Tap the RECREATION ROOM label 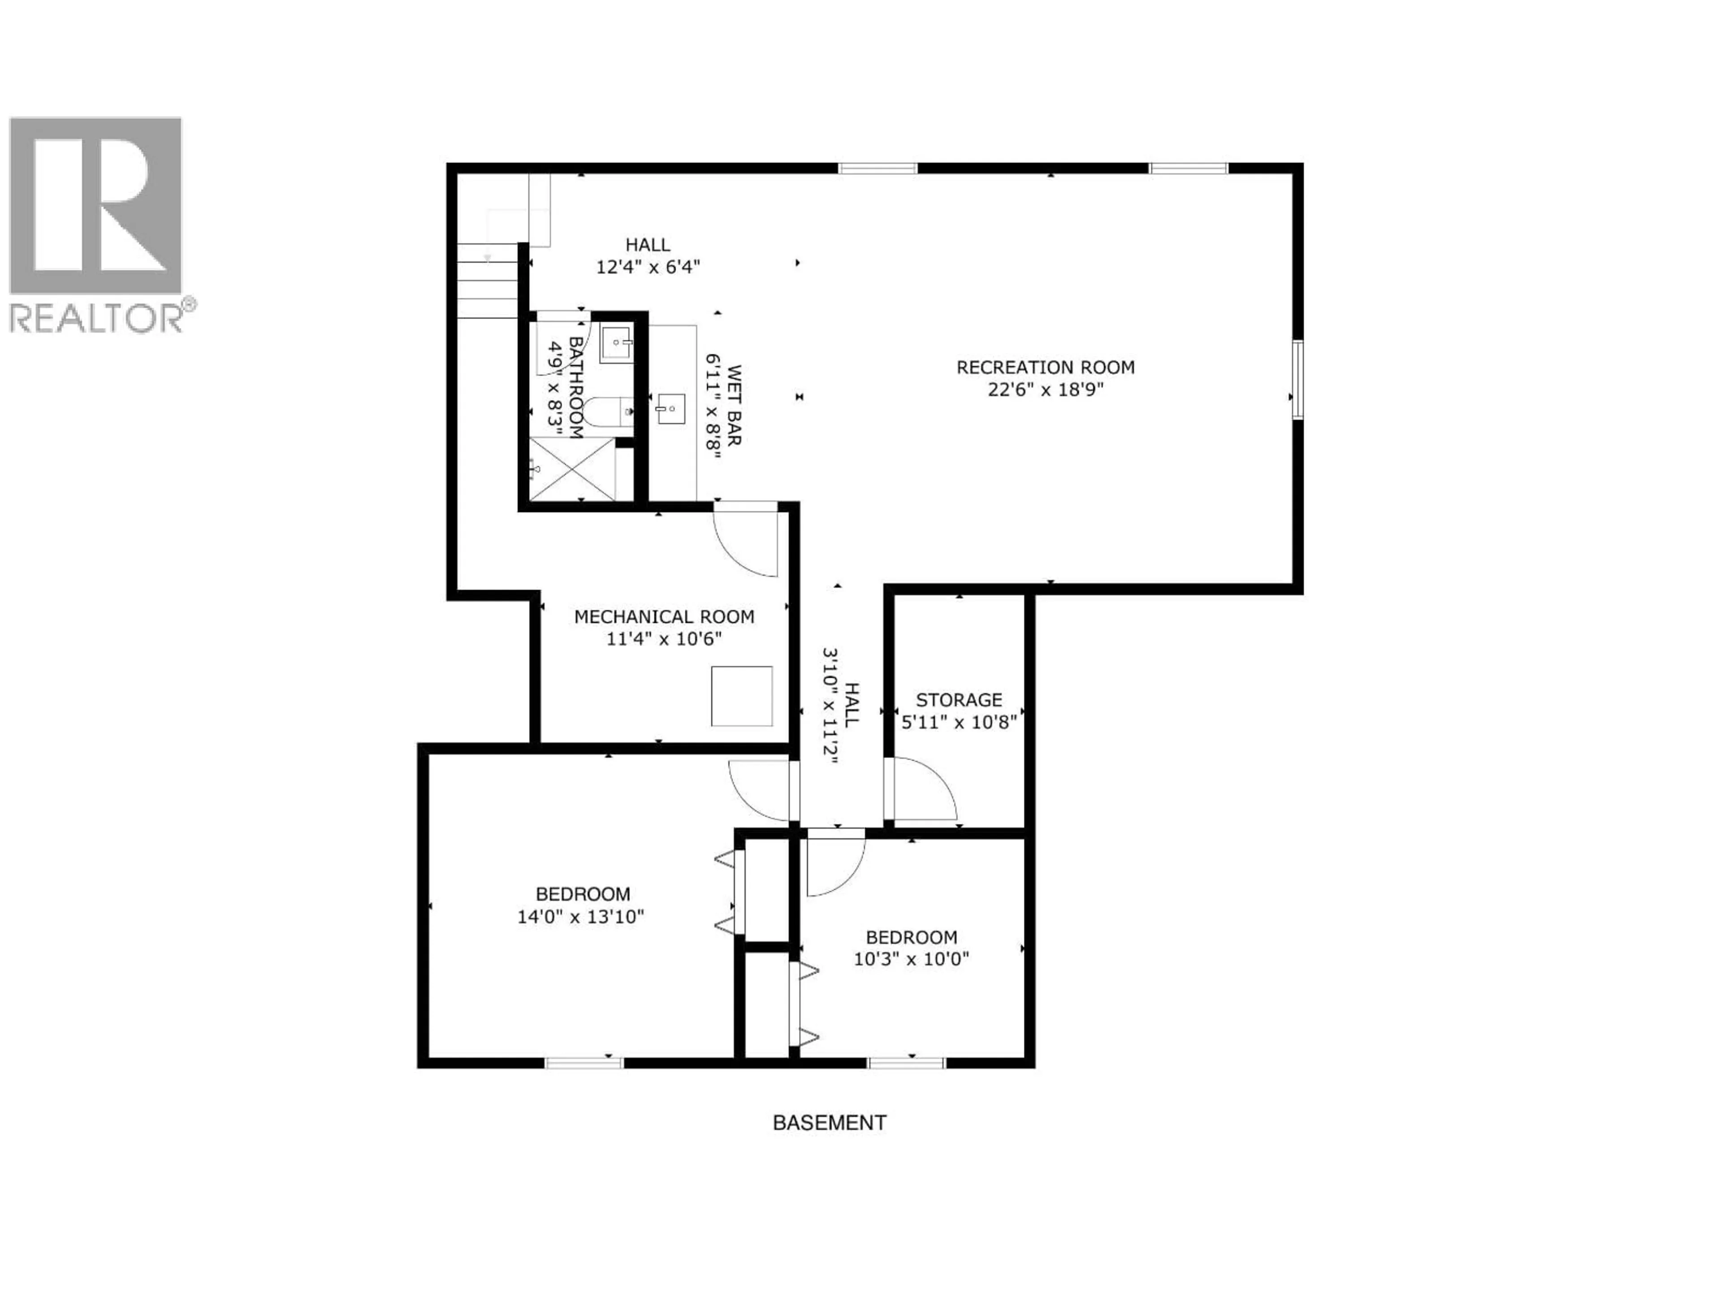(1045, 367)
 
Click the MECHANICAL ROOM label (664, 617)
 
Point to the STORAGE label (959, 700)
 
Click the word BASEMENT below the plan (829, 1123)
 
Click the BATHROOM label (576, 388)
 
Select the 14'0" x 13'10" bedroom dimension (580, 917)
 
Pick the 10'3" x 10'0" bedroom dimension (911, 959)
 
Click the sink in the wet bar (670, 408)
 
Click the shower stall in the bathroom (572, 469)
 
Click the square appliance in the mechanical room (741, 697)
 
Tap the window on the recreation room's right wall (1297, 380)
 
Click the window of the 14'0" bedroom (584, 1062)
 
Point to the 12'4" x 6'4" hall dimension (648, 267)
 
